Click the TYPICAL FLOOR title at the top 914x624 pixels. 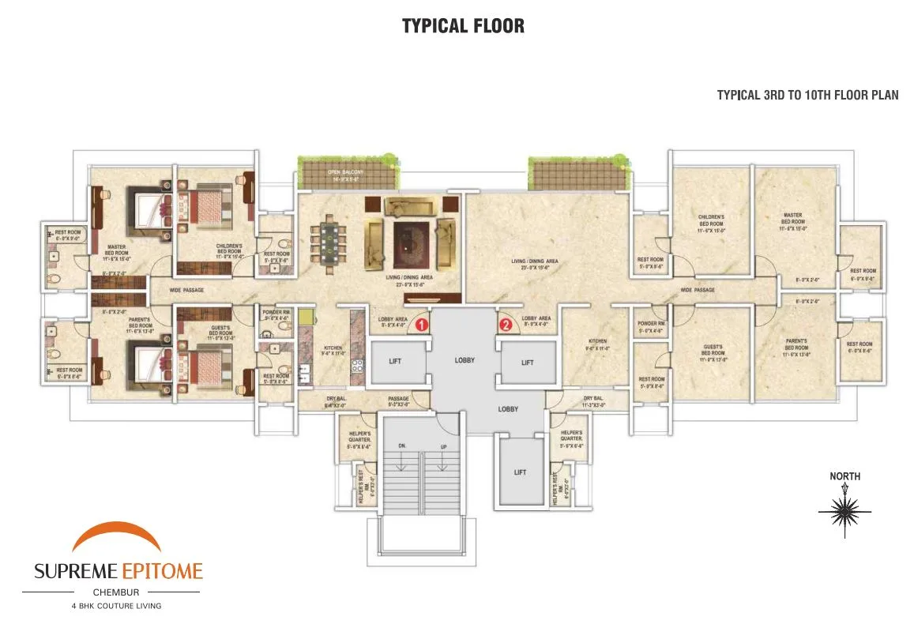463,25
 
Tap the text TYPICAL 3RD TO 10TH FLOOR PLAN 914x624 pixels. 807,96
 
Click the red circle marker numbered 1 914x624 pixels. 422,324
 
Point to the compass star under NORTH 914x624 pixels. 844,513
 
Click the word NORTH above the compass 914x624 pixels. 844,476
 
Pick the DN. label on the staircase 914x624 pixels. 401,446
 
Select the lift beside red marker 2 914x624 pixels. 528,362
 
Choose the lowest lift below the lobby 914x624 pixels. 520,472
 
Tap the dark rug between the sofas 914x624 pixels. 409,243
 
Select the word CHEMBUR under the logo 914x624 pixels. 118,591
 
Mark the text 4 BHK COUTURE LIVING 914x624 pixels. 118,606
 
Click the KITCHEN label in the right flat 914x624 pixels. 597,342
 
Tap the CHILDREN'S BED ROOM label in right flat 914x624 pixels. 711,221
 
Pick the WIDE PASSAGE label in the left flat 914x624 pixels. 187,291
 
